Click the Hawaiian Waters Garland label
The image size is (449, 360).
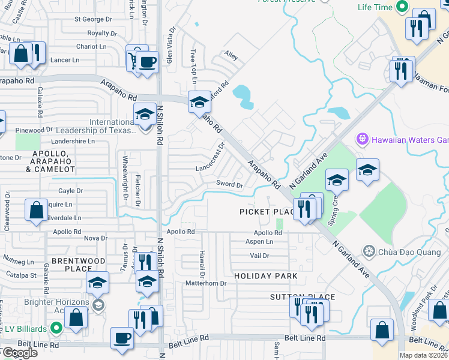pos(411,140)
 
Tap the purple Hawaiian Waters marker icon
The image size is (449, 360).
pos(362,140)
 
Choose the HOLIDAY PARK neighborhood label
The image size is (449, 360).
pos(265,276)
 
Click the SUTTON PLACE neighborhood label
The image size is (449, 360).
pos(294,297)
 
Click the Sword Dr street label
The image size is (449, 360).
pos(229,185)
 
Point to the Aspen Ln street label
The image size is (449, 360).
pos(259,242)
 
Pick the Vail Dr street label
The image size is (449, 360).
pos(259,256)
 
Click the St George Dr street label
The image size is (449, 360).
pos(93,19)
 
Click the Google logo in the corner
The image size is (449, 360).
pos(19,353)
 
